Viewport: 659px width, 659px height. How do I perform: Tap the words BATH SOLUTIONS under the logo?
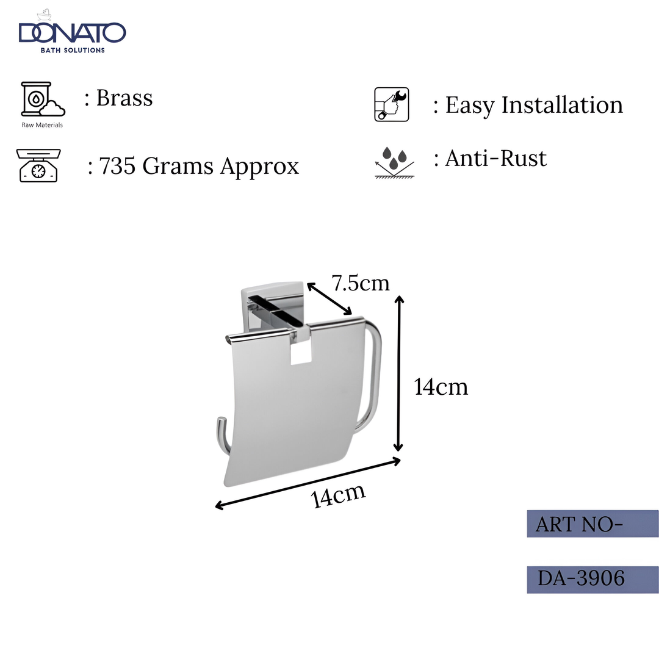[x=72, y=50]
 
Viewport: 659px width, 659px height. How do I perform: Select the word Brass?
[x=124, y=98]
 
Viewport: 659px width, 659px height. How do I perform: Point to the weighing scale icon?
[x=39, y=165]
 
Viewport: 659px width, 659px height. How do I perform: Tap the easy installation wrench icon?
[x=391, y=104]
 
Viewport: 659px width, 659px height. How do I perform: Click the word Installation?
[x=562, y=105]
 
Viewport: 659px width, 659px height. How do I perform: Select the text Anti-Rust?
[x=496, y=159]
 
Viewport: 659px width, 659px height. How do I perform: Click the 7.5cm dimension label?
[x=360, y=283]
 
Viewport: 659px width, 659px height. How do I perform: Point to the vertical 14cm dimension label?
[x=441, y=387]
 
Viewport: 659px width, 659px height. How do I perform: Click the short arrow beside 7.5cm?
[x=329, y=299]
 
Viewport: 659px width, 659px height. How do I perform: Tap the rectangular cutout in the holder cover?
[x=301, y=352]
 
